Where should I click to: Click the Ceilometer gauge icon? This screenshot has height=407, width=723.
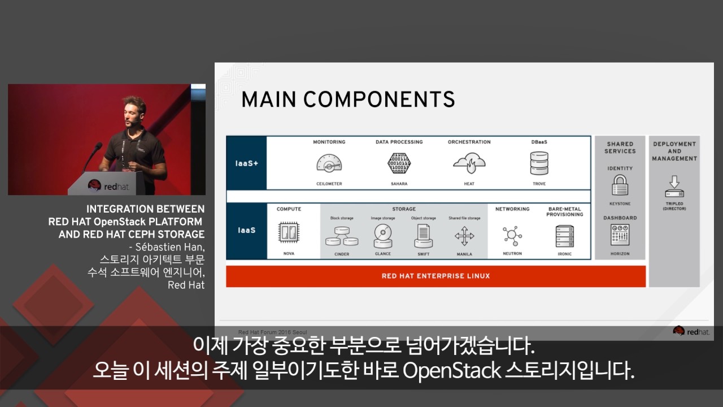(329, 164)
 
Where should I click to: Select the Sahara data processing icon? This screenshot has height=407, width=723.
(399, 163)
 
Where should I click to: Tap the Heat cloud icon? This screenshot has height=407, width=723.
(469, 163)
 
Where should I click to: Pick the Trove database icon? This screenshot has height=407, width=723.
(539, 163)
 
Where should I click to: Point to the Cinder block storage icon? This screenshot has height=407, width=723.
(342, 236)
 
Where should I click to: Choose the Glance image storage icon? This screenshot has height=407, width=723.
(382, 236)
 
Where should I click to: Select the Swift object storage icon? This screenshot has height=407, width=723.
(424, 236)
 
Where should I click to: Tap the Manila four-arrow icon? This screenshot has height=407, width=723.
(464, 236)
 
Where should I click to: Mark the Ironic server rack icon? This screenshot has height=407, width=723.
(564, 236)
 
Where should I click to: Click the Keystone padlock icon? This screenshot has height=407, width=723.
(620, 185)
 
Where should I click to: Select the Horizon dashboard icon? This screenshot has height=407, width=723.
(620, 235)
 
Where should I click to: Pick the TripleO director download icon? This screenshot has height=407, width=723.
(674, 187)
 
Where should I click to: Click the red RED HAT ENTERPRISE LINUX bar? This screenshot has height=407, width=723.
(435, 276)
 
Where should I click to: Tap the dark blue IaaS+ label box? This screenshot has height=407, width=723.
(246, 163)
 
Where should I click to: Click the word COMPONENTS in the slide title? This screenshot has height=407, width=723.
(379, 99)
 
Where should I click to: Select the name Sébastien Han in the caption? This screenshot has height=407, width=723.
(170, 247)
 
